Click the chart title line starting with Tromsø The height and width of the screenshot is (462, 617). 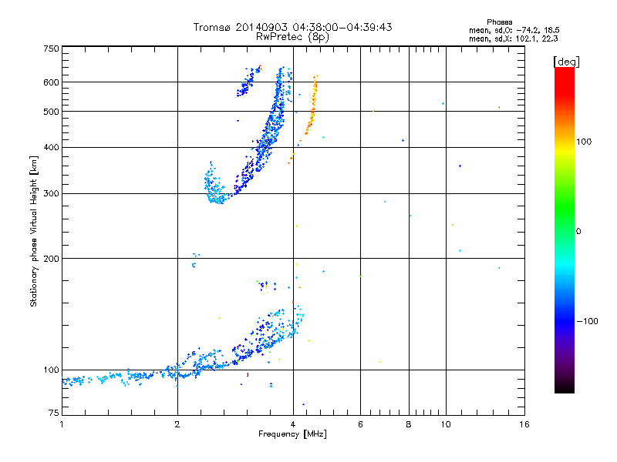pyautogui.click(x=293, y=27)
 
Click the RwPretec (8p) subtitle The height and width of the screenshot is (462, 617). pyautogui.click(x=293, y=36)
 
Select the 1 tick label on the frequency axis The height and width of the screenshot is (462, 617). pyautogui.click(x=62, y=424)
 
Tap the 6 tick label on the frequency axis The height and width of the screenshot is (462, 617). pyautogui.click(x=360, y=424)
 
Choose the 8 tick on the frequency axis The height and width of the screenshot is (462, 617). pyautogui.click(x=409, y=424)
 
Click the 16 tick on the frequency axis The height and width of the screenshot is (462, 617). pyautogui.click(x=524, y=424)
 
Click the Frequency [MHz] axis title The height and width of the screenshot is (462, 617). pyautogui.click(x=292, y=435)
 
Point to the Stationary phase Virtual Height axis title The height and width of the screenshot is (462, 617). pyautogui.click(x=34, y=231)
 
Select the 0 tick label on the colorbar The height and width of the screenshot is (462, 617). pyautogui.click(x=578, y=231)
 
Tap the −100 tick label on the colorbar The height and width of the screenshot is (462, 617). pyautogui.click(x=586, y=321)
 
